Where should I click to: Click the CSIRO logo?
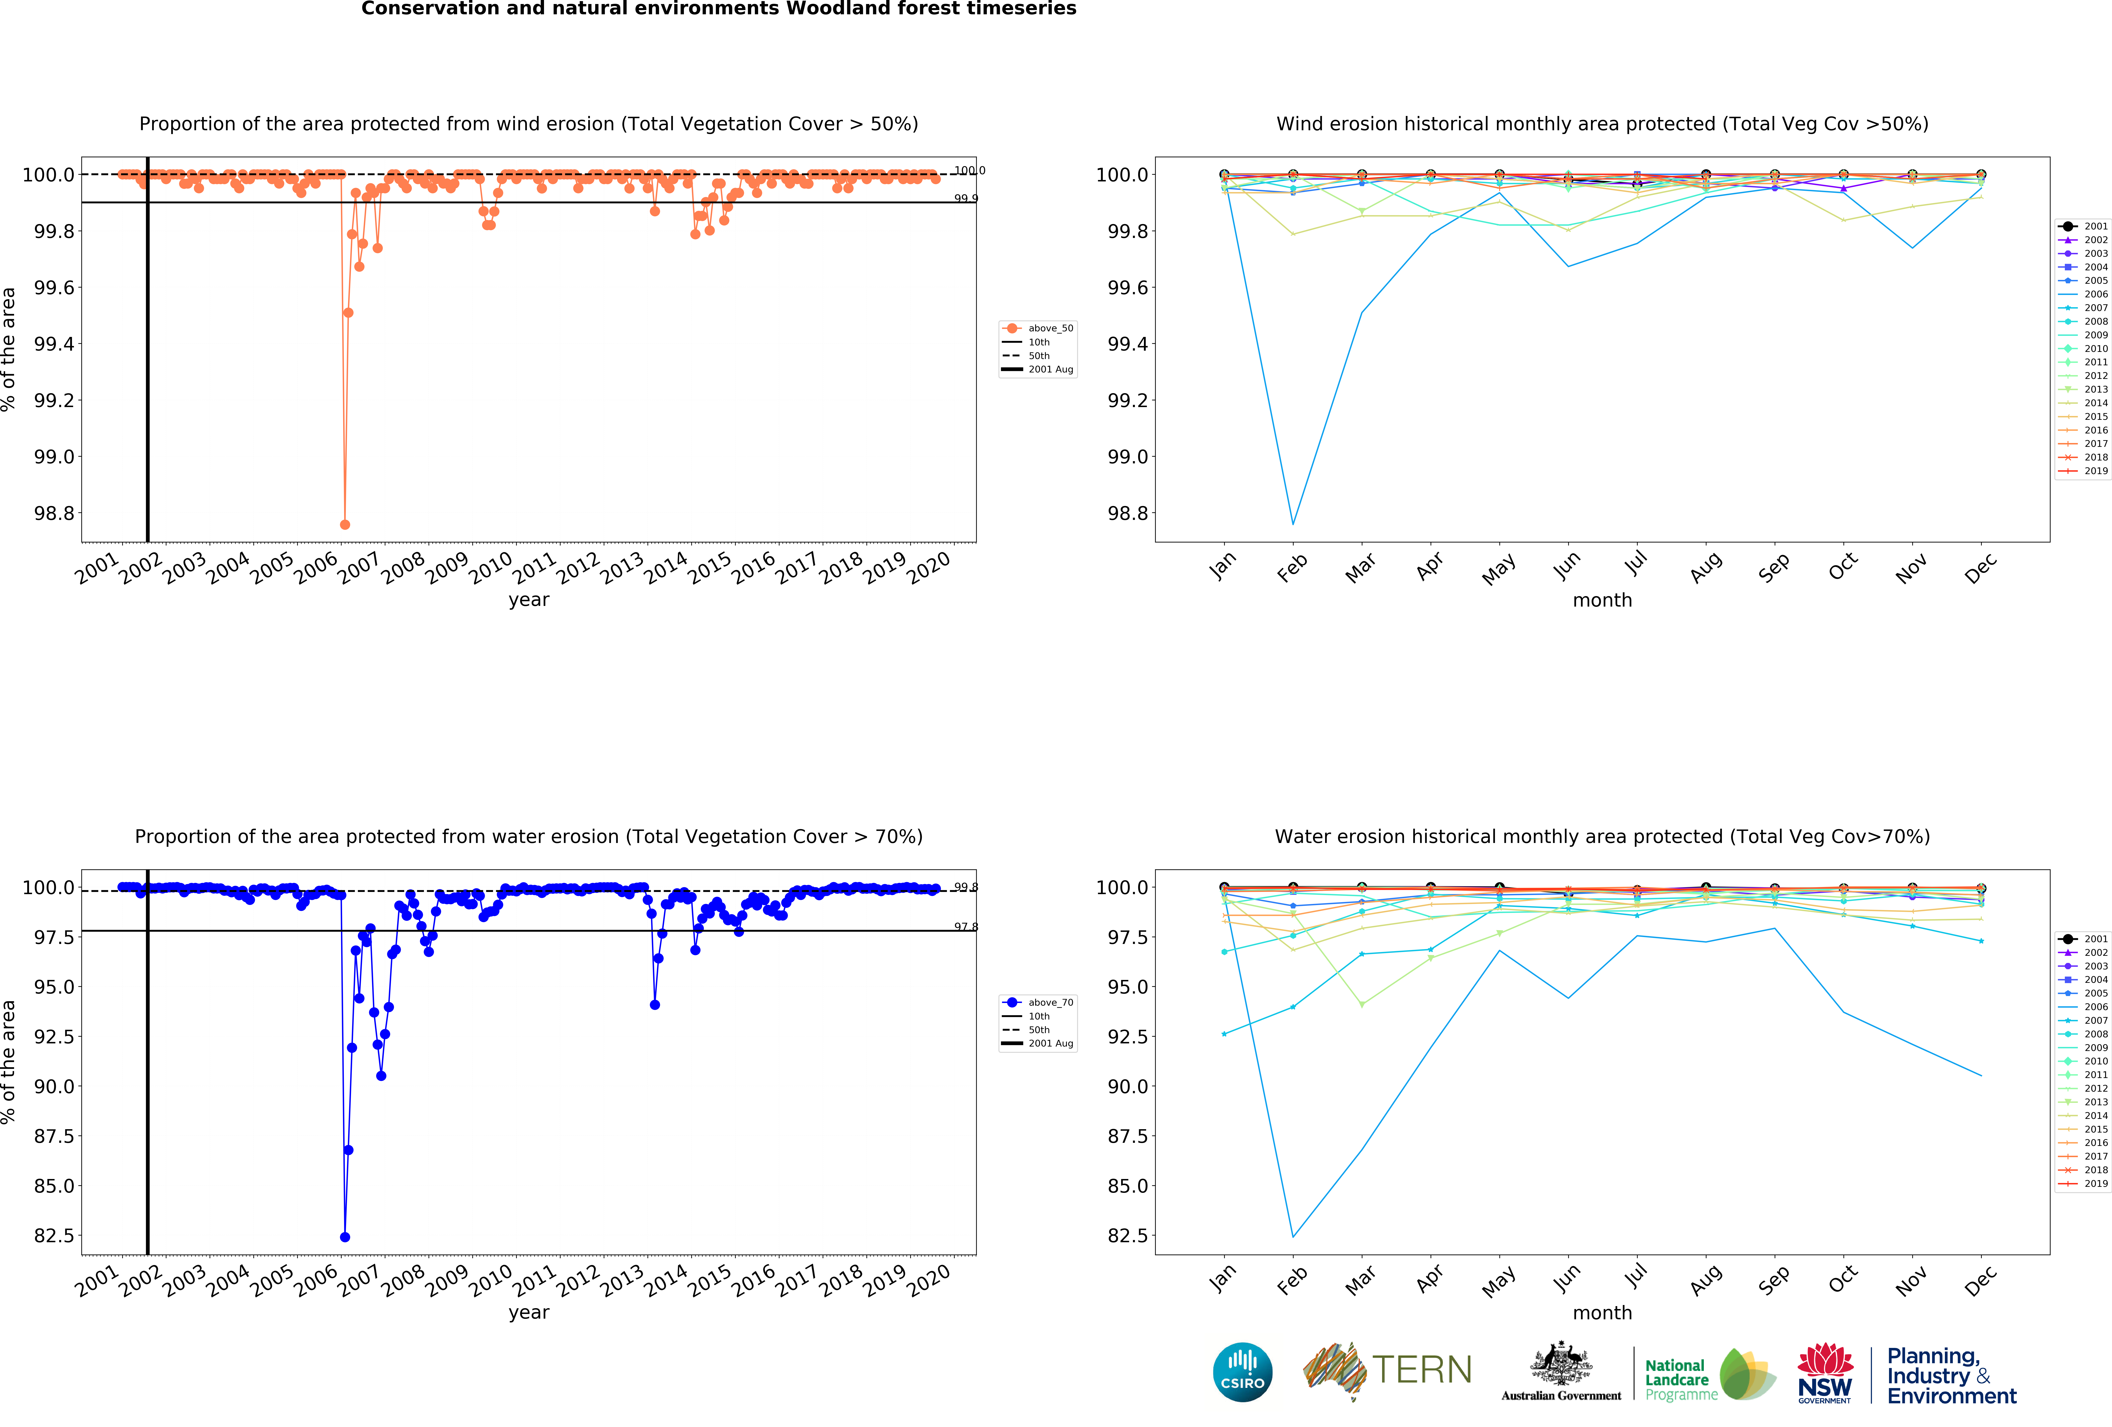(1242, 1372)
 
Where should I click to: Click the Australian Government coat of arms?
(1560, 1363)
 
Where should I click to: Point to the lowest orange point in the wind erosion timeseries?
(345, 524)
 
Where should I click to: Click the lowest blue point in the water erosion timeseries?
(345, 1237)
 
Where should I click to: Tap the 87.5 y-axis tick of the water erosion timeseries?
(54, 1136)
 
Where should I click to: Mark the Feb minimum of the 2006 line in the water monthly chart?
(1293, 1236)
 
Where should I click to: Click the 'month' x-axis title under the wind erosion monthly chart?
(1602, 600)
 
